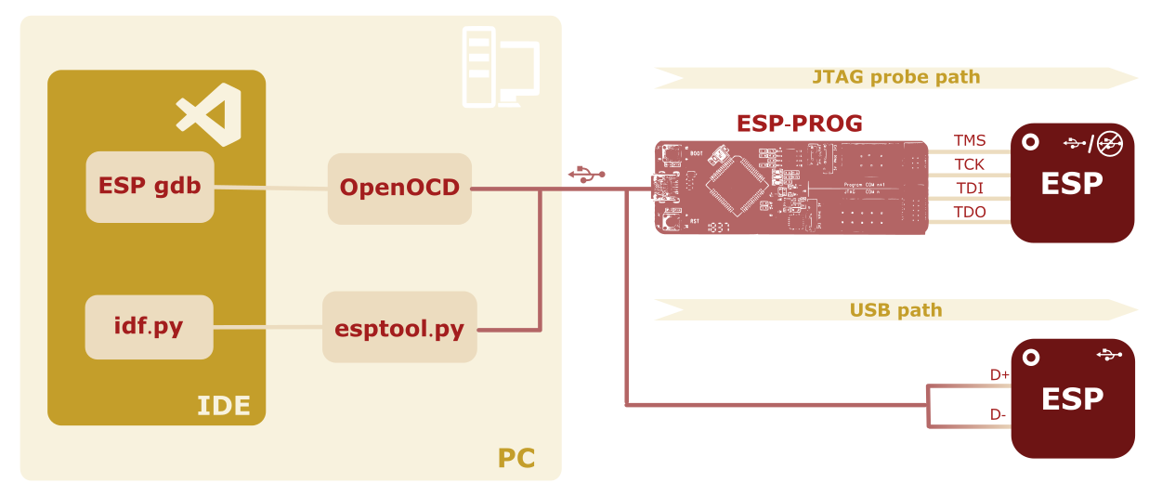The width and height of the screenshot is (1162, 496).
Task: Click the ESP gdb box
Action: coord(150,187)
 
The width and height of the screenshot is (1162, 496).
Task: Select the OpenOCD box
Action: coord(399,188)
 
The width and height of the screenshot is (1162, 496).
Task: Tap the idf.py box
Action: coord(149,327)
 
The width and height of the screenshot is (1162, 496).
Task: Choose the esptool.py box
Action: coord(399,328)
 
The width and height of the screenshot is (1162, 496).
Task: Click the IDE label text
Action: coord(223,406)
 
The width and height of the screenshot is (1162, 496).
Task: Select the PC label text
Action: coord(516,458)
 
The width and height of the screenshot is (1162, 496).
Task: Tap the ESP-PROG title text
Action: coord(799,124)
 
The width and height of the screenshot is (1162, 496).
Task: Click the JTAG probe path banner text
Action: coord(896,77)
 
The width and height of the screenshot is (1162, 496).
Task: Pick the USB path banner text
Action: coord(895,310)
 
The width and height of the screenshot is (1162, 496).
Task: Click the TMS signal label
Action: coord(969,141)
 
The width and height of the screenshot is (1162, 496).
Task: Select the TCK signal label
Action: coord(969,165)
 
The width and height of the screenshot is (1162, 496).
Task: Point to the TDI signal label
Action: coord(969,189)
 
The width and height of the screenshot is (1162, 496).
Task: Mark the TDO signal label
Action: coord(969,213)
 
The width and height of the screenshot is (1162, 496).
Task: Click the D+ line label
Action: coord(999,375)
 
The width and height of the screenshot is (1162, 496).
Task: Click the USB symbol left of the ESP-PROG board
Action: coord(586,174)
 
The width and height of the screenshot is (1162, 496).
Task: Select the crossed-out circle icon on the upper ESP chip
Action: coord(1107,143)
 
